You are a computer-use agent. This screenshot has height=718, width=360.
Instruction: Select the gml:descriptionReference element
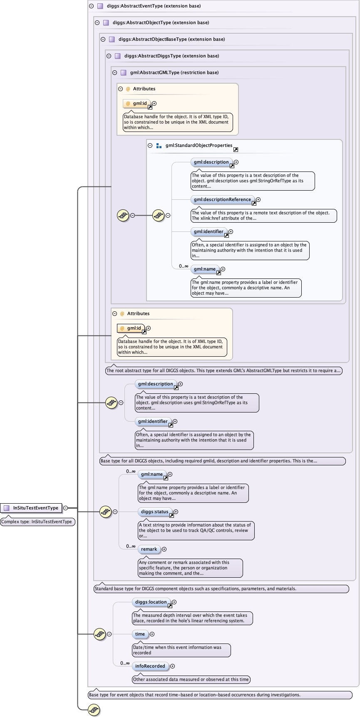222,199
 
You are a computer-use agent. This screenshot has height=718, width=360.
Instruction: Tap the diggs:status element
154,512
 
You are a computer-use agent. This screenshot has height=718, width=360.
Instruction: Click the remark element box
149,549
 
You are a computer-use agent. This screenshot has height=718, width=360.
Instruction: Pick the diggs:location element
151,602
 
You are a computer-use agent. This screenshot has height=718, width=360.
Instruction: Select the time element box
140,634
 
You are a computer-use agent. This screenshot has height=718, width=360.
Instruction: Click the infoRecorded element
150,666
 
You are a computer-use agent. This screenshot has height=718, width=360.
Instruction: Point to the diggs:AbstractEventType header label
154,6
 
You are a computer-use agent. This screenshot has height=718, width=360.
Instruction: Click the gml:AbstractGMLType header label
174,72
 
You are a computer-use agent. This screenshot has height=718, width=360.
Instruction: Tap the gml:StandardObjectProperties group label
199,145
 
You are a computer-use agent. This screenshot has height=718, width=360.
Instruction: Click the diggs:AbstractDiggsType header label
171,56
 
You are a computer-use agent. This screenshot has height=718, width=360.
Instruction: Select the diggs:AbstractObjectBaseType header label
171,39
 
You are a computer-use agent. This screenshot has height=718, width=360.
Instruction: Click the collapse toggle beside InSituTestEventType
65,508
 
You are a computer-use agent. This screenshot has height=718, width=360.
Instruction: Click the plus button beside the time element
152,634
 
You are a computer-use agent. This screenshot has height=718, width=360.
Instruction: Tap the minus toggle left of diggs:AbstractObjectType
97,22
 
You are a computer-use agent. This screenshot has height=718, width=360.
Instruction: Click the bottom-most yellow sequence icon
94,710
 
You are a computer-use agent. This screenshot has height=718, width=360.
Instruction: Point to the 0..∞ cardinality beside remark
131,546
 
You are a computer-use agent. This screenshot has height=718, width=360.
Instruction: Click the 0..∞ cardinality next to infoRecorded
125,663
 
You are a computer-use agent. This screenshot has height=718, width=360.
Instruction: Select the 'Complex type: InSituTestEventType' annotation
37,522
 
